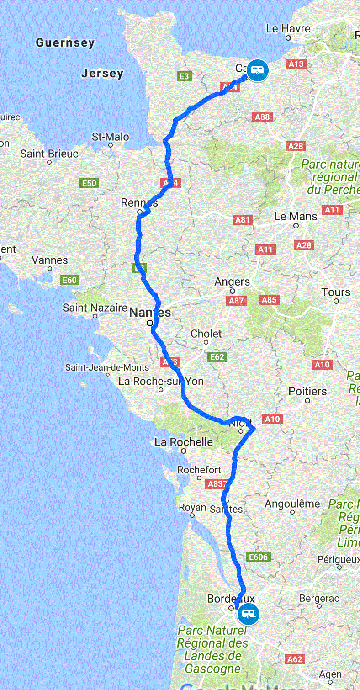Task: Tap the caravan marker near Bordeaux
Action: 248,614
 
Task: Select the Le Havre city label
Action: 288,28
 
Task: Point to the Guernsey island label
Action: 65,43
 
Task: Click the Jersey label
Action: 102,73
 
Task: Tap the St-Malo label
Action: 110,137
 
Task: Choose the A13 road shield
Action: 296,64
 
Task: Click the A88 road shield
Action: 262,117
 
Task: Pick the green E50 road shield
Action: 89,183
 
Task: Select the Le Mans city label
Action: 296,216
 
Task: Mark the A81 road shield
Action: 243,220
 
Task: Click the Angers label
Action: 232,282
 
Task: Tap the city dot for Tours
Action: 336,301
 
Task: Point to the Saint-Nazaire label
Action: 95,308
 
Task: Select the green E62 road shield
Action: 217,356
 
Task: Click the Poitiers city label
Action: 307,391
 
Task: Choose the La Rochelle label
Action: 184,442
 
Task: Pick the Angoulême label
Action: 292,504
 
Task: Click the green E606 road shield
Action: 258,557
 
